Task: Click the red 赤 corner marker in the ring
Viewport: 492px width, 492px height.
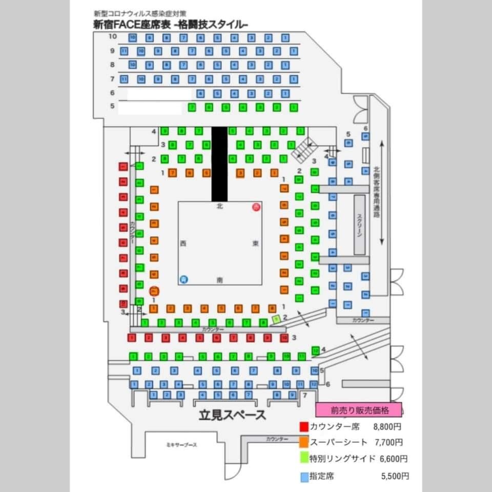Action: (x=256, y=207)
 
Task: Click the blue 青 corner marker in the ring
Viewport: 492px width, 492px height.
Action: (x=184, y=279)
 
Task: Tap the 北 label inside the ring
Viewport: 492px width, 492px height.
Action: (x=220, y=206)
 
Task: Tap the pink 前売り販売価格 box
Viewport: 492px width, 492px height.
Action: (x=358, y=410)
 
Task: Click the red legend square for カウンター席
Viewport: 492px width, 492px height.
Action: (x=304, y=426)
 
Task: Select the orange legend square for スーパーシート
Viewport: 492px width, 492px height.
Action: (x=304, y=442)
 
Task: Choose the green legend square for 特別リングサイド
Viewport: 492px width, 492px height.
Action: (x=304, y=458)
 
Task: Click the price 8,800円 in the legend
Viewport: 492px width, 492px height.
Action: (x=388, y=426)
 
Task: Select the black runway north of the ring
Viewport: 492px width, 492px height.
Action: (x=219, y=163)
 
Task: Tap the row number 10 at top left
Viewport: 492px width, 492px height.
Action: (x=113, y=37)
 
